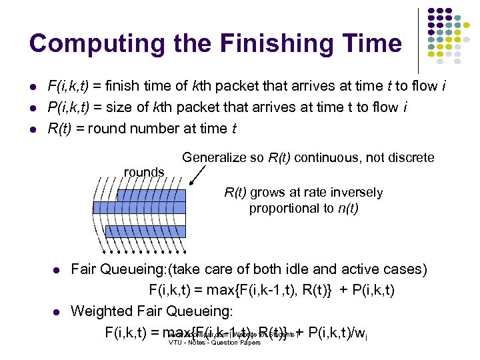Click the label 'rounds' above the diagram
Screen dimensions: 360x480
click(x=144, y=172)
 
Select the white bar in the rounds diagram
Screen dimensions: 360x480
click(x=139, y=219)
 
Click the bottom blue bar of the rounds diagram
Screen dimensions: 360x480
click(x=139, y=231)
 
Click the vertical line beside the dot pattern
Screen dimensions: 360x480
click(x=419, y=40)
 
